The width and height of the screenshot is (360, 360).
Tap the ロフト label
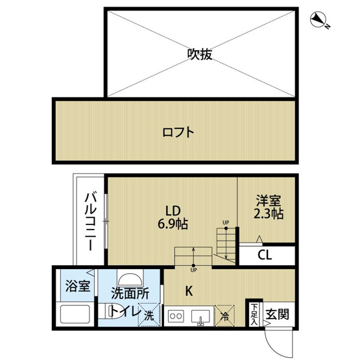[x=178, y=132]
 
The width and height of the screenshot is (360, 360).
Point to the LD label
[x=171, y=211]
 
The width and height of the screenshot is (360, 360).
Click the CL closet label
[x=264, y=254]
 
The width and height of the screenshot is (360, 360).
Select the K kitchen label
[x=189, y=291]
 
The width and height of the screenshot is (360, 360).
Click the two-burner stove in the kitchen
[x=176, y=317]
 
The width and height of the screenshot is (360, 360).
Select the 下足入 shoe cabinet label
[x=254, y=315]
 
